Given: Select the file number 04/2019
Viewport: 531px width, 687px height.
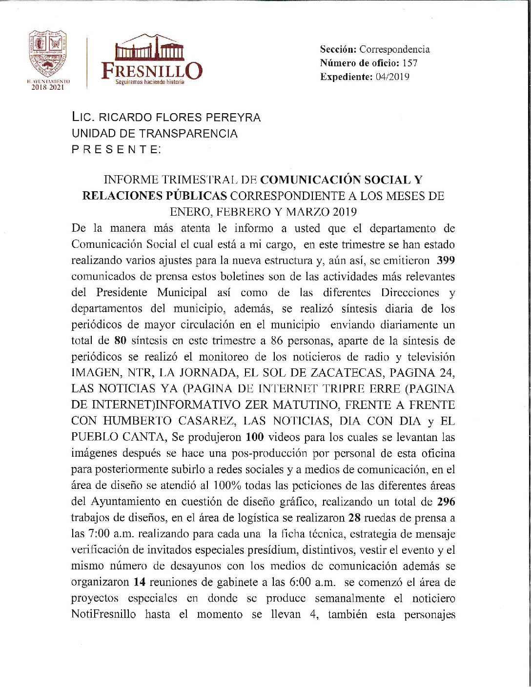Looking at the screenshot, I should pyautogui.click(x=392, y=77).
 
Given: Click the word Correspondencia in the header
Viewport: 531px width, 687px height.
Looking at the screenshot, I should pyautogui.click(x=394, y=49).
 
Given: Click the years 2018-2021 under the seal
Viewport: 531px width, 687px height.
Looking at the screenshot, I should pyautogui.click(x=47, y=87).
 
